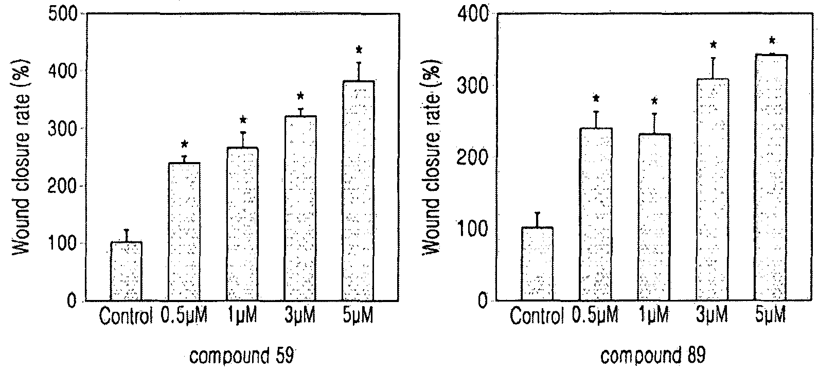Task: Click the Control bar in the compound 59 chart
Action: click(127, 271)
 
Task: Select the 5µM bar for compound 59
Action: click(358, 191)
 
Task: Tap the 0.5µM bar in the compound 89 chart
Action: click(596, 214)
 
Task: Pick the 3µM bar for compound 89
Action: click(713, 189)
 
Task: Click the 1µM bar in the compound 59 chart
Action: click(242, 224)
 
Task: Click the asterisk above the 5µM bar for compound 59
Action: click(359, 49)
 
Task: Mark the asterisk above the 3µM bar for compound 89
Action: click(713, 45)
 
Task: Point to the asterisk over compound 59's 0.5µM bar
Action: click(184, 144)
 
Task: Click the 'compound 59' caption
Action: click(242, 356)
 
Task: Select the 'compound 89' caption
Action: click(653, 356)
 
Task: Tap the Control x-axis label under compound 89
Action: click(537, 316)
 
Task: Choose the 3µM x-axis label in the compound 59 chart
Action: click(300, 315)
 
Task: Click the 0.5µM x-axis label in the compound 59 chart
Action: click(184, 315)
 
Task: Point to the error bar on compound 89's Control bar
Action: click(537, 220)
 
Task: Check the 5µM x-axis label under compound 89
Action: click(771, 315)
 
